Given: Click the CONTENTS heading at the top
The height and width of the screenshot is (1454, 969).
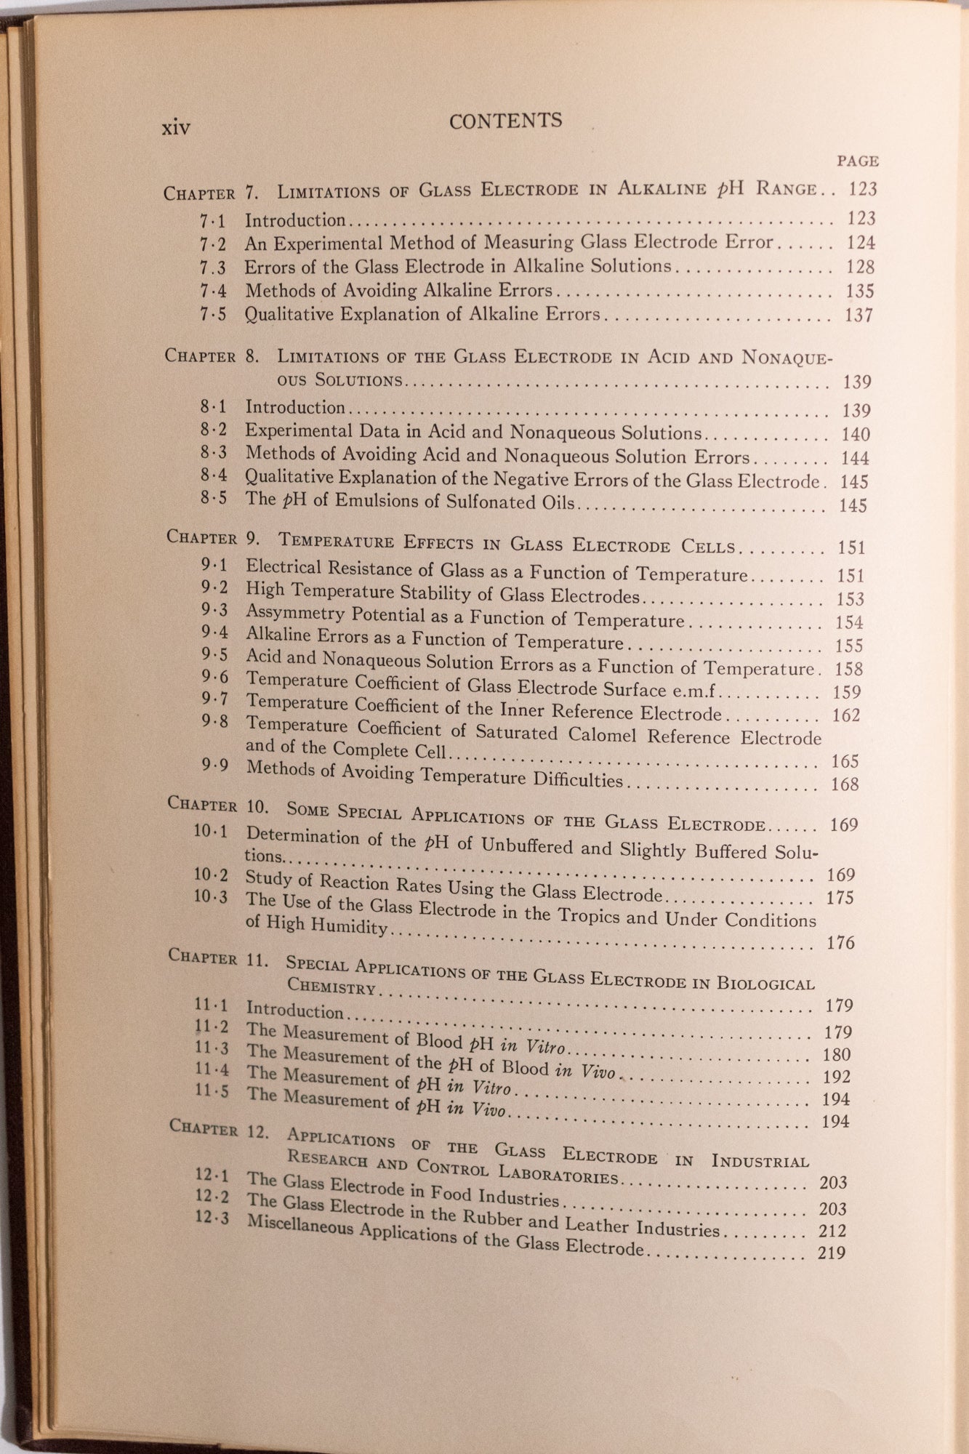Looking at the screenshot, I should point(505,121).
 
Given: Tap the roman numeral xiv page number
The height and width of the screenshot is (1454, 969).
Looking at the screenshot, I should point(176,128).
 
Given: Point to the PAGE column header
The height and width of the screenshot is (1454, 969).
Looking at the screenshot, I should point(858,161).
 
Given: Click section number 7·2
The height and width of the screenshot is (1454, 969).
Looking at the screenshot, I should point(213,243).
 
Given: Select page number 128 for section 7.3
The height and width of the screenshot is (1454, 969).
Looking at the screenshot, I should point(860,267).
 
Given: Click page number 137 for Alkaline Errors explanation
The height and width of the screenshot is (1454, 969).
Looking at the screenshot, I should point(859,316).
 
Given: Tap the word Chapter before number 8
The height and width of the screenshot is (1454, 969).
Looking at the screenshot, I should point(200,356).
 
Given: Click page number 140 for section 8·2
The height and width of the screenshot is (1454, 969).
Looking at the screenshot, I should point(855,435).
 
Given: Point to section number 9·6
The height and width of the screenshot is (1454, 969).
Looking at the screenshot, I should point(214,677).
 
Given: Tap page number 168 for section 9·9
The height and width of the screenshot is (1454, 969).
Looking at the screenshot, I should point(845,784).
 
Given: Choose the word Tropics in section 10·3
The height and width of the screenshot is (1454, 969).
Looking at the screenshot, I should point(587,915).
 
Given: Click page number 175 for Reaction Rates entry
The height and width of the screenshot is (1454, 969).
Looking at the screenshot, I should point(840,898).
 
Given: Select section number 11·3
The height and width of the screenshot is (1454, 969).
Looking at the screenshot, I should point(212,1048).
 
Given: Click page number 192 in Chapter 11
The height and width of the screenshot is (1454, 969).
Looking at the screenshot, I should point(836,1077).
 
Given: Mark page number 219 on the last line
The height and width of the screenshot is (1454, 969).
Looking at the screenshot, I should point(831,1253).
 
